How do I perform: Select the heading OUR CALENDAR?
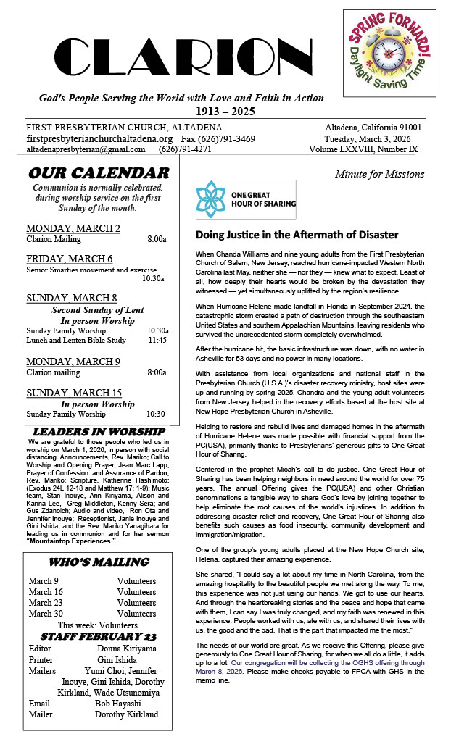point(98,173)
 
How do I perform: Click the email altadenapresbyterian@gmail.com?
point(86,149)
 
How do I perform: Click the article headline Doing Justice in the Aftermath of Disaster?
point(297,235)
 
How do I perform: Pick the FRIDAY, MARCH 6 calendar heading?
point(70,259)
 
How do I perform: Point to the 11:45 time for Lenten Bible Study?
point(157,340)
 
